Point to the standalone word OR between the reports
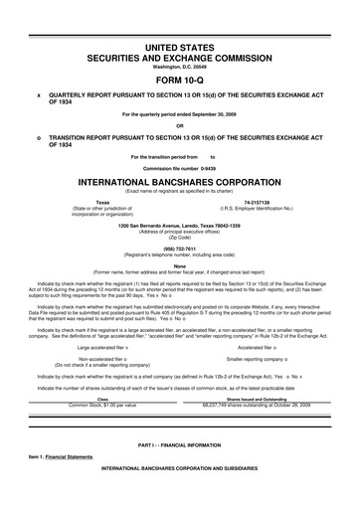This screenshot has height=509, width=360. click(180, 124)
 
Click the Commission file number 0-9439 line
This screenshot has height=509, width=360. click(180, 167)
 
